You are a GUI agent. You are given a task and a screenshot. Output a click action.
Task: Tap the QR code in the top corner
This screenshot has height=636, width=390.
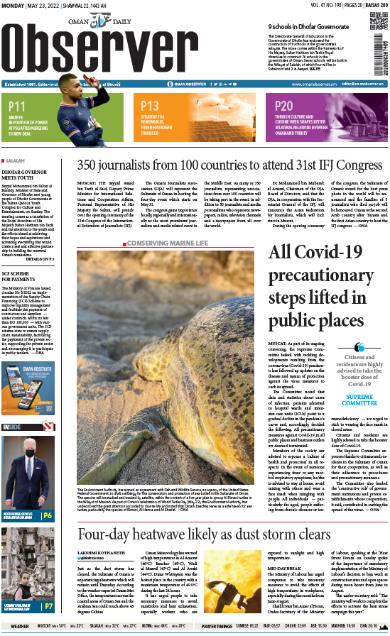377,19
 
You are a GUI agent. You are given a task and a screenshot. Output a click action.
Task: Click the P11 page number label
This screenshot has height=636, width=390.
17,105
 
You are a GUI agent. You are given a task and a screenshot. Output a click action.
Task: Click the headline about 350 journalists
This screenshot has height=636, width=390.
229,165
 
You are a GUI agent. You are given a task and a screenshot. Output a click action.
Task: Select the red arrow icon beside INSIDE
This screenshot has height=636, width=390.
29,426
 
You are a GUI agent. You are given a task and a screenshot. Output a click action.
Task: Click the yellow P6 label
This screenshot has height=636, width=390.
48,495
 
